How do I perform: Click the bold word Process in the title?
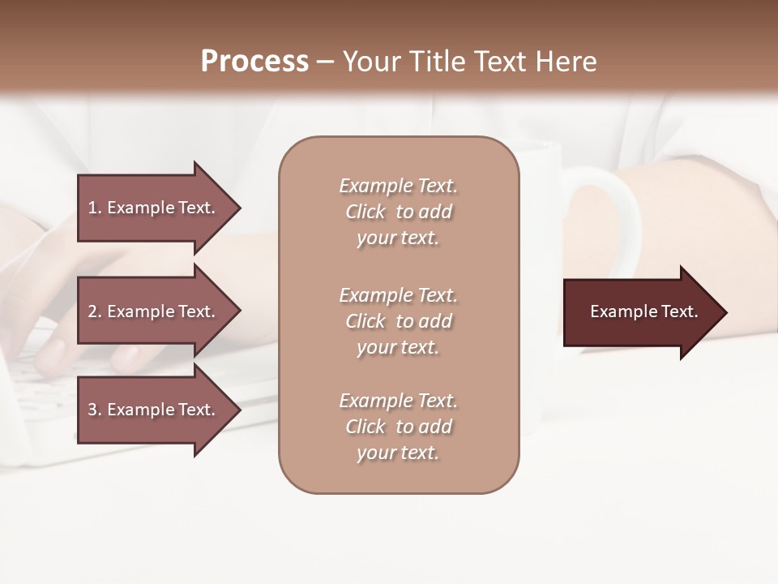click(254, 61)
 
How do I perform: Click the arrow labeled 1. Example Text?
click(154, 208)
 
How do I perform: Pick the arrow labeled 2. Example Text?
click(154, 311)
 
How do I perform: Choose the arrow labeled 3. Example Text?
click(154, 410)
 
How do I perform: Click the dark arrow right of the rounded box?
click(640, 311)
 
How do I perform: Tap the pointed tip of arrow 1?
click(239, 208)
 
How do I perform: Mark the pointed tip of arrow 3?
click(239, 410)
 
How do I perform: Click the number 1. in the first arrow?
click(95, 208)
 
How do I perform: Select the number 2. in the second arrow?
click(95, 311)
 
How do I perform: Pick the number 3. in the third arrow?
click(95, 410)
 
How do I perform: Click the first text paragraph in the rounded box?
click(398, 212)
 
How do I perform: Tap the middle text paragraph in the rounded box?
click(398, 321)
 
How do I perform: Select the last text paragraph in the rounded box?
click(398, 427)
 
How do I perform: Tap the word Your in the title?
click(370, 61)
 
